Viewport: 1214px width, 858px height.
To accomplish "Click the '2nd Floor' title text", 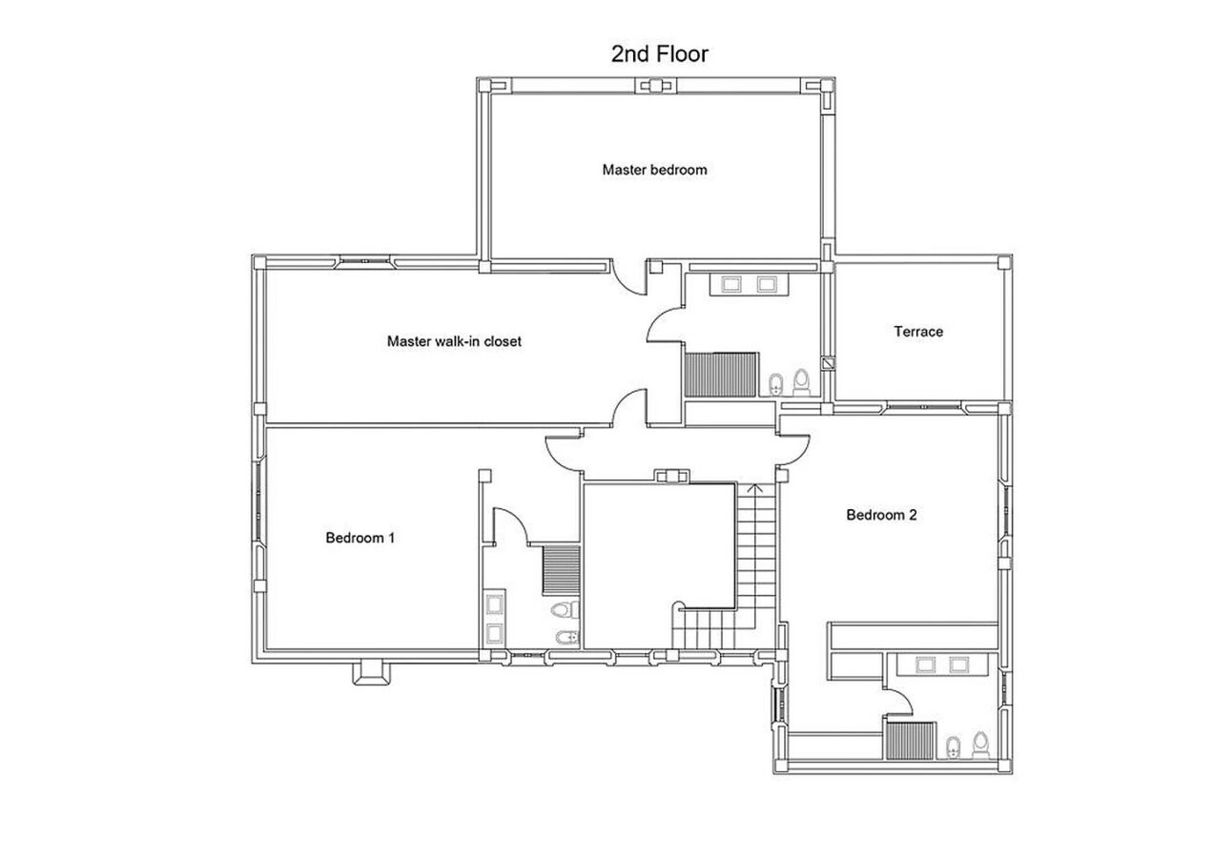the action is (x=660, y=54).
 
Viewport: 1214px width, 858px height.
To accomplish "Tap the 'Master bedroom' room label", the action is (x=655, y=170).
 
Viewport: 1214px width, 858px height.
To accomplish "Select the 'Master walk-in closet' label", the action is (x=454, y=341).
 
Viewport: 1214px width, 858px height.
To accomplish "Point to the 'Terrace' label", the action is (x=918, y=332).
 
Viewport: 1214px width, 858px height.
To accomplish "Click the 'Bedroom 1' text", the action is (x=360, y=538).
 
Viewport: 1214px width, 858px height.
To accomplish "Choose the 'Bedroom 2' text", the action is (x=882, y=515).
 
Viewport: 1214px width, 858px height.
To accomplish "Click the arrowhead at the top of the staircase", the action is (x=755, y=488).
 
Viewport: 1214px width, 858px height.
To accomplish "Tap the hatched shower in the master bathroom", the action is (x=721, y=375).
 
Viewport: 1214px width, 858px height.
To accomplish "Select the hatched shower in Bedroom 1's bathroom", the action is (x=562, y=570).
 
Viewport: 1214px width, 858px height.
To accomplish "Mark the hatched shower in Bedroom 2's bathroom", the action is (x=910, y=741).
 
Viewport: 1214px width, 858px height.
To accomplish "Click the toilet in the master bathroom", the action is (x=801, y=382).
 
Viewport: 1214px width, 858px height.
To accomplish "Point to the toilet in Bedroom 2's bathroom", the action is (x=981, y=746).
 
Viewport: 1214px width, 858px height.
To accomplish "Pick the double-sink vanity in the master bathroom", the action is (x=750, y=284).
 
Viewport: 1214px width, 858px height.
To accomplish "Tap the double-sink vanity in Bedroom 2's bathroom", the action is (x=943, y=664).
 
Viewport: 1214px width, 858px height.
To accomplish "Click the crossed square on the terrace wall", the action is (x=828, y=362).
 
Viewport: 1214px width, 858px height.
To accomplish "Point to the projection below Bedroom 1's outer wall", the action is (x=371, y=673).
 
